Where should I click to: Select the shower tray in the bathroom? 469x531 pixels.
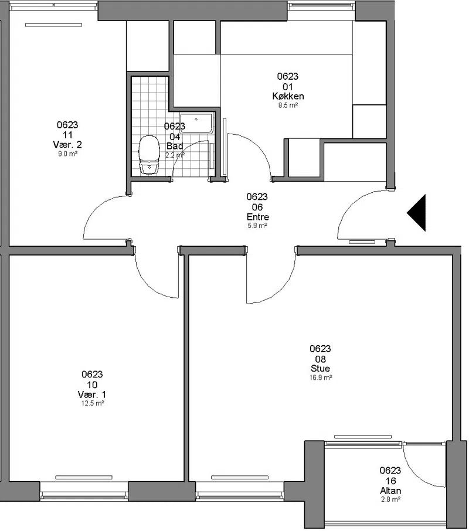point(196,123)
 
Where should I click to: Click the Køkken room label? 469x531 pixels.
point(288,96)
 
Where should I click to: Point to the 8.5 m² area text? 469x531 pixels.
point(288,105)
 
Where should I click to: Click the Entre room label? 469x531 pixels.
point(258,217)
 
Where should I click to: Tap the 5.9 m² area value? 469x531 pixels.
point(257,226)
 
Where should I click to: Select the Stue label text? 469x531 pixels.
point(320,369)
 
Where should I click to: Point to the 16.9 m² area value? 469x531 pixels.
point(320,377)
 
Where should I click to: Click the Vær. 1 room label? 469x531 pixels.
point(92,394)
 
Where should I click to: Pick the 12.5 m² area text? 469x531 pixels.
point(92,403)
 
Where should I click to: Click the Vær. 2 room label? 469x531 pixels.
point(67,145)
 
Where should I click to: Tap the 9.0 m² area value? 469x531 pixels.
point(68,154)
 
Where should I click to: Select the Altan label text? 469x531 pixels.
point(390,491)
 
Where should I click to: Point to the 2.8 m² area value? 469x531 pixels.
point(391,499)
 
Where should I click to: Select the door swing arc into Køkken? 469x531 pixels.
point(258,147)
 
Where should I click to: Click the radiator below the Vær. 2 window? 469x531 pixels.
point(53,25)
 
